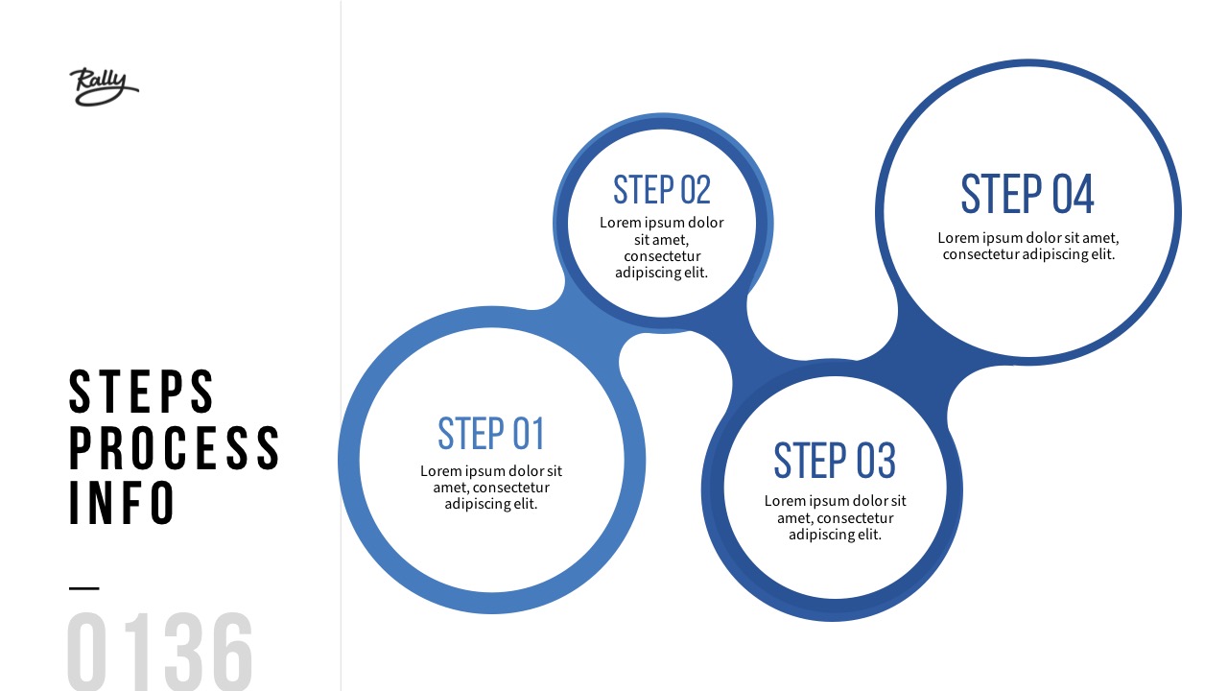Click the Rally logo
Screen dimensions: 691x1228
click(x=104, y=86)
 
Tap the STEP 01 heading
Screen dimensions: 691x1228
click(x=491, y=434)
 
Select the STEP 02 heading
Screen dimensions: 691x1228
click(x=662, y=190)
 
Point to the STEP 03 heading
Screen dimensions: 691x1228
click(x=835, y=461)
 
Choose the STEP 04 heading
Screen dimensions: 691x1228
click(x=1027, y=194)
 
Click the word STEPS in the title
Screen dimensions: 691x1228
click(x=142, y=392)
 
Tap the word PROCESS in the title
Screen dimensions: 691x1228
click(x=175, y=447)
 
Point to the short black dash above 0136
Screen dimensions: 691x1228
click(x=84, y=587)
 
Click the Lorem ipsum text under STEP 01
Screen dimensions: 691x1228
click(x=491, y=488)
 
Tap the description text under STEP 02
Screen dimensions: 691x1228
click(x=662, y=248)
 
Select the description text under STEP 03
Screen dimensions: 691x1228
click(x=835, y=517)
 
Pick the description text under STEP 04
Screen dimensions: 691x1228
click(x=1028, y=246)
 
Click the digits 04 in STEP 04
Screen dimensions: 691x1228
click(x=1073, y=194)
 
